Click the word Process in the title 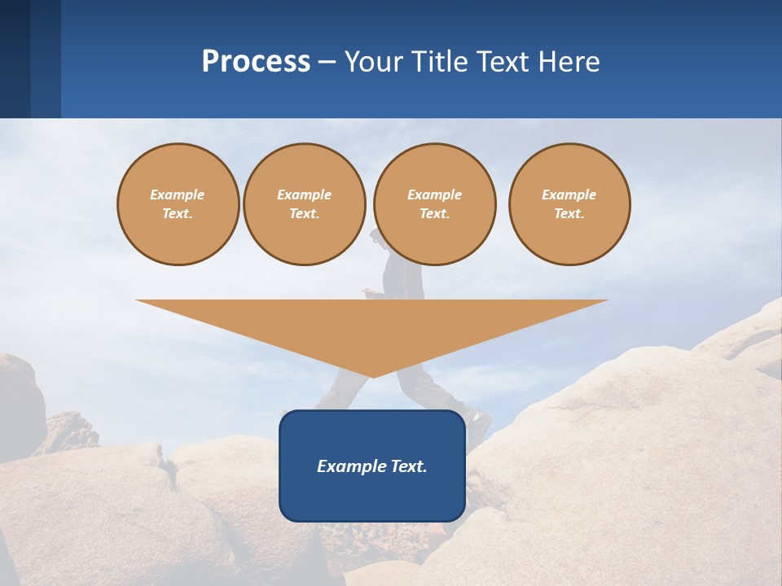tap(256, 62)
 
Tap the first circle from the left tap(178, 204)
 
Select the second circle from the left tap(304, 204)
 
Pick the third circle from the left tap(434, 204)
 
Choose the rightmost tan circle tap(569, 204)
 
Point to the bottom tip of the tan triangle tap(372, 376)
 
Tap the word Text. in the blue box tap(409, 466)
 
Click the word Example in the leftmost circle tap(178, 195)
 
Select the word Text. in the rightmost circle tap(569, 213)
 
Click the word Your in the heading tap(371, 62)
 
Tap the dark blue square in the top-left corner tap(15, 59)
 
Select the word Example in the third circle tap(434, 195)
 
